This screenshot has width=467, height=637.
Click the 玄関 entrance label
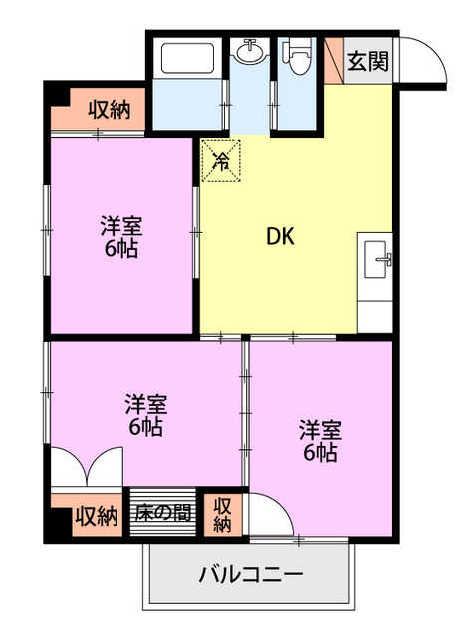pyautogui.click(x=367, y=60)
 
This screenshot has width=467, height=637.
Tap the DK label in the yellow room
pyautogui.click(x=279, y=237)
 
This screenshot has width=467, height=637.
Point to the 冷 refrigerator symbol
pyautogui.click(x=223, y=160)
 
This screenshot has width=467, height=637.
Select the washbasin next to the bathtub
pyautogui.click(x=249, y=52)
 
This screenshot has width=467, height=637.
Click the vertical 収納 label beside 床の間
pyautogui.click(x=222, y=514)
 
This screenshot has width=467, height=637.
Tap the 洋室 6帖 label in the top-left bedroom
pyautogui.click(x=119, y=237)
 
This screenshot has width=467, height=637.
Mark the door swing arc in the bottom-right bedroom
pyautogui.click(x=271, y=513)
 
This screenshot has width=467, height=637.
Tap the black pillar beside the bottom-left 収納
pyautogui.click(x=59, y=518)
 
